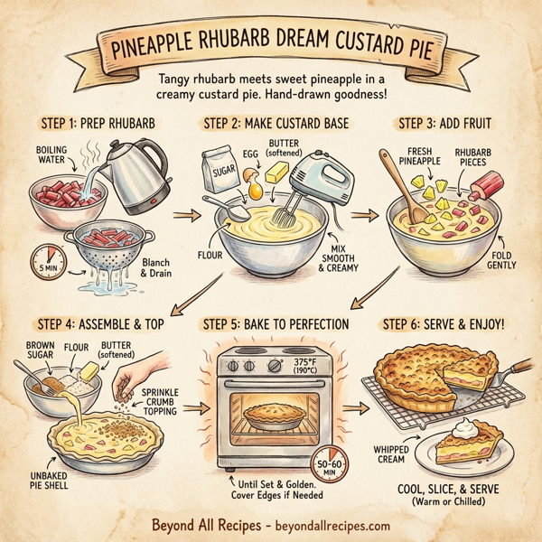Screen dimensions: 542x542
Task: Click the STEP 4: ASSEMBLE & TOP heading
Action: pos(99,323)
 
